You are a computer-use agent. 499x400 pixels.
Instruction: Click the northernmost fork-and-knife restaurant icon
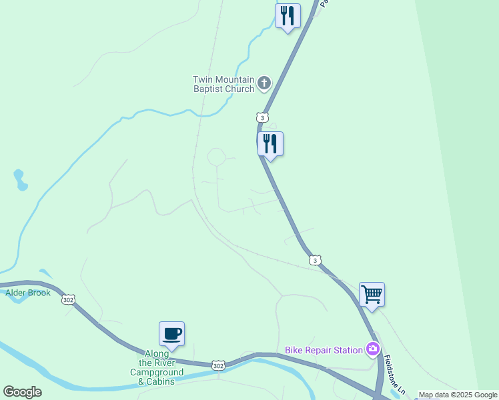(x=288, y=15)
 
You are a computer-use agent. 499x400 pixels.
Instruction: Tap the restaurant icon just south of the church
(x=270, y=143)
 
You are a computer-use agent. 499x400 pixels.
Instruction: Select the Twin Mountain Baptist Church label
(x=223, y=84)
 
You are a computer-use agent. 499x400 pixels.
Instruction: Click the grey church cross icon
(x=264, y=83)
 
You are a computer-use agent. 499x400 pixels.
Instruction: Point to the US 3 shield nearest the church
(x=262, y=117)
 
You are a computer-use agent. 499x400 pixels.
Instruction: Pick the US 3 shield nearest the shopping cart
(x=315, y=259)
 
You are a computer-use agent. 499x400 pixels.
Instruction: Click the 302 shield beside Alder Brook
(x=68, y=299)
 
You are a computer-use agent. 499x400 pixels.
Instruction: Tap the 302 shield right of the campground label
(x=218, y=365)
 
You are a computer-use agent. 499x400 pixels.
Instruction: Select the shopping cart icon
(x=372, y=294)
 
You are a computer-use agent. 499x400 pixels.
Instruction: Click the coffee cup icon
(x=171, y=333)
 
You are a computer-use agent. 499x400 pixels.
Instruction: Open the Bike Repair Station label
(x=324, y=349)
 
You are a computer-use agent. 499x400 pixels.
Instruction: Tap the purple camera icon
(x=372, y=349)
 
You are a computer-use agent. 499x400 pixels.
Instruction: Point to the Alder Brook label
(x=28, y=293)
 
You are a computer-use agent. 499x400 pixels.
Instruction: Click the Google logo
(x=22, y=392)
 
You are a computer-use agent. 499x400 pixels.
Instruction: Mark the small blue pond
(x=21, y=180)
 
